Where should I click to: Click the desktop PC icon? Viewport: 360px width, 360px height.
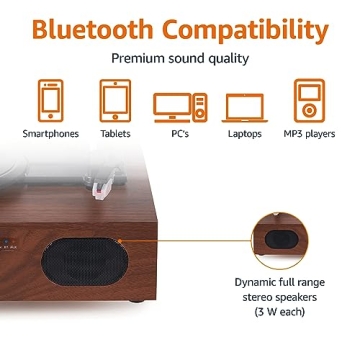pyautogui.click(x=180, y=104)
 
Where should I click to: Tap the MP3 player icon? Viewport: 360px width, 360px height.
pyautogui.click(x=311, y=100)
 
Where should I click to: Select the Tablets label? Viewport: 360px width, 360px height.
pyautogui.click(x=114, y=131)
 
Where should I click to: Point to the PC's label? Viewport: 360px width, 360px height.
pyautogui.click(x=180, y=131)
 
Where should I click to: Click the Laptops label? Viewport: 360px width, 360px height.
pyautogui.click(x=245, y=131)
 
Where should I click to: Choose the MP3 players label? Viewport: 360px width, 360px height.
pyautogui.click(x=311, y=131)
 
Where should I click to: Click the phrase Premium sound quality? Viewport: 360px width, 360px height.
pyautogui.click(x=180, y=58)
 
